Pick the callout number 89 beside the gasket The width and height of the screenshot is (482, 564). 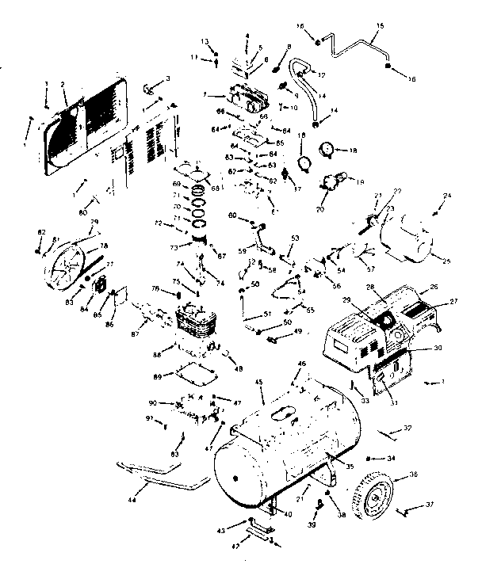tap(156, 375)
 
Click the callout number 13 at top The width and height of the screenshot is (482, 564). tap(204, 41)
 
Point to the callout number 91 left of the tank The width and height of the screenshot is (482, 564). tap(148, 417)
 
